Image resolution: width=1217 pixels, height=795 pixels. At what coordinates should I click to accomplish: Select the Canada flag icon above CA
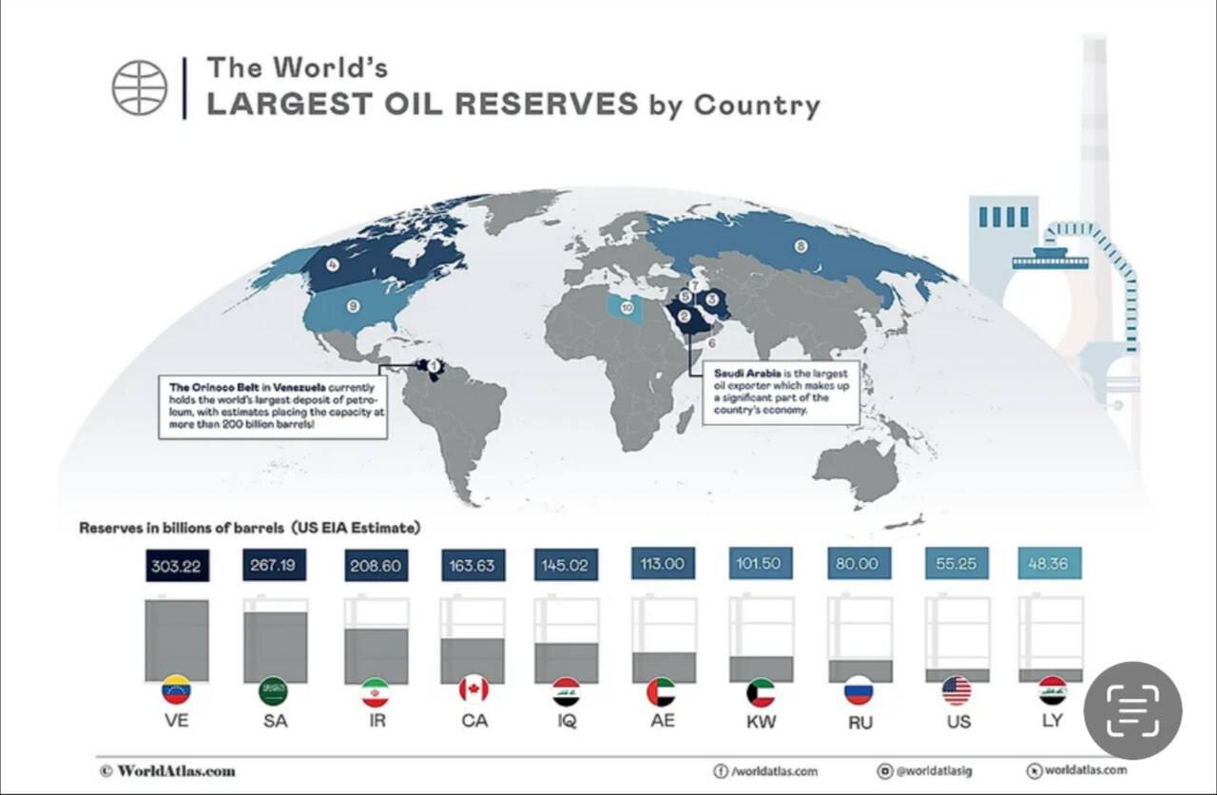[473, 689]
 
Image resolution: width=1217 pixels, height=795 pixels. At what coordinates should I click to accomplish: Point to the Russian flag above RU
[859, 690]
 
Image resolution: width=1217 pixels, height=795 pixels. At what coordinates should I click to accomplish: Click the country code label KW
[761, 721]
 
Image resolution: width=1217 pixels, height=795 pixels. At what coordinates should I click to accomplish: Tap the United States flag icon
[956, 690]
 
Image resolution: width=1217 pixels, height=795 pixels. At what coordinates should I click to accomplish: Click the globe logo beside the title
[140, 87]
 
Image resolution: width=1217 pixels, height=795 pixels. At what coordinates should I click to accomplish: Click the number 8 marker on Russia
[801, 245]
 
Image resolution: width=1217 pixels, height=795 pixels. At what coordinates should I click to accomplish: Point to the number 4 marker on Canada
[333, 265]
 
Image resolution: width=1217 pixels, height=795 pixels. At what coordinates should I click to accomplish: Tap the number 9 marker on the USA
[352, 305]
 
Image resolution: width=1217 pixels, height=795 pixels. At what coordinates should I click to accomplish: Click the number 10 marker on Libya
[627, 308]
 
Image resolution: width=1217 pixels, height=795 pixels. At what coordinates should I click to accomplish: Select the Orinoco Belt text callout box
[273, 406]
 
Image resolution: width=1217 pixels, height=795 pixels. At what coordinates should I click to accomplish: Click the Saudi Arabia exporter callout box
[781, 392]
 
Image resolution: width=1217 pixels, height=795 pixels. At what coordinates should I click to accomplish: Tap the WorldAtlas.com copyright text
[167, 770]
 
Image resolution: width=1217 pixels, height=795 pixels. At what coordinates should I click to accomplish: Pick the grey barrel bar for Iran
[377, 655]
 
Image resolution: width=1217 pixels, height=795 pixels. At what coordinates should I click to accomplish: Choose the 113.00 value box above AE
[663, 563]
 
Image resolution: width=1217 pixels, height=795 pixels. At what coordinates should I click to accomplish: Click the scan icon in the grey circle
[1132, 710]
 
